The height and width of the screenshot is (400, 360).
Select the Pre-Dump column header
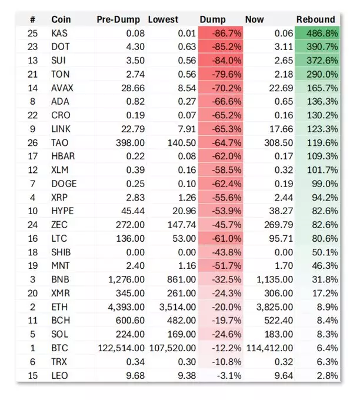pyautogui.click(x=118, y=19)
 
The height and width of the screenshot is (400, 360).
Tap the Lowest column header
pyautogui.click(x=163, y=19)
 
